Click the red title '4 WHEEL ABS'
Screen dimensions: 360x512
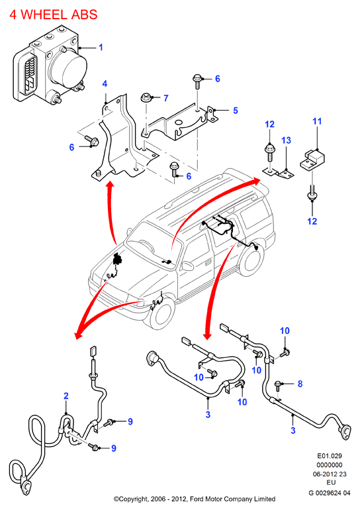[54, 15]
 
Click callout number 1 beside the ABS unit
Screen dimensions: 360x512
[101, 47]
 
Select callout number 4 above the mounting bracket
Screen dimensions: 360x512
[105, 84]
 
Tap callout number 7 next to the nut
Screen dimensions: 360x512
[166, 98]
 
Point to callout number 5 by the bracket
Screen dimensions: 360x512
[236, 111]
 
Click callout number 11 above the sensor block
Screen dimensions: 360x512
[317, 121]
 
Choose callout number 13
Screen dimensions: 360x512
[286, 140]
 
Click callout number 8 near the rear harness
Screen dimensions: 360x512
[300, 384]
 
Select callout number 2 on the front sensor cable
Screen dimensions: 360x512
[66, 396]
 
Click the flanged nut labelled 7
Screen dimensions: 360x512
[146, 97]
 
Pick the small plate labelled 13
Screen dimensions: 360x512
[279, 172]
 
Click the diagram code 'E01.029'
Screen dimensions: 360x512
[330, 456]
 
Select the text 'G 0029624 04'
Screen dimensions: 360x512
[330, 493]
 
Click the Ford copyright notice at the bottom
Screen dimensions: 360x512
[195, 499]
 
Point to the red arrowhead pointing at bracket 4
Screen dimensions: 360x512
[111, 186]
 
